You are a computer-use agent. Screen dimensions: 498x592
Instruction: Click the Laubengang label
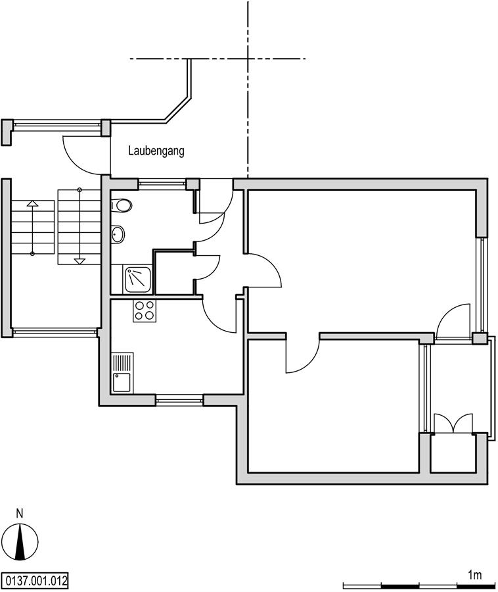(156, 151)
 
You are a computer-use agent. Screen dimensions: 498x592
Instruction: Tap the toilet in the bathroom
(122, 206)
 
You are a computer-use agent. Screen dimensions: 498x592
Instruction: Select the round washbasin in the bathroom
(118, 234)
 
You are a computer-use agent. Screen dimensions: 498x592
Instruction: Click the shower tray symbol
(138, 280)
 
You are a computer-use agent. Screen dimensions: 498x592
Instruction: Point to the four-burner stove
(145, 310)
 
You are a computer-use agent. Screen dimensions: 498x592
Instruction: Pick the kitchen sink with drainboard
(122, 372)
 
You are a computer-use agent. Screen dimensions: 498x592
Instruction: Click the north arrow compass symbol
(22, 542)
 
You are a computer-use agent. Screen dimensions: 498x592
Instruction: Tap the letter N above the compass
(20, 514)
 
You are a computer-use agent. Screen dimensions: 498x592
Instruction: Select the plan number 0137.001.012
(35, 580)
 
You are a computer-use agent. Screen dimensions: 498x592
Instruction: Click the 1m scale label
(475, 575)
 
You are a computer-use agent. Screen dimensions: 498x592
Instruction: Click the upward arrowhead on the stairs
(32, 203)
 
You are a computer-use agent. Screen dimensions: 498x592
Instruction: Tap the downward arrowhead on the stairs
(79, 261)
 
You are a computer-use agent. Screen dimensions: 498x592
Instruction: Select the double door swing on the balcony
(453, 423)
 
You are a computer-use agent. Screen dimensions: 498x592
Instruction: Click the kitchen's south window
(179, 401)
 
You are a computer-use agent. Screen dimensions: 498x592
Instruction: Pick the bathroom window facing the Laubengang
(162, 184)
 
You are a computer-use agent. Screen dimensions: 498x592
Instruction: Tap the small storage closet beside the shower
(174, 272)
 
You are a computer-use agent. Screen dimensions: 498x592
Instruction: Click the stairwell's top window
(57, 126)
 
